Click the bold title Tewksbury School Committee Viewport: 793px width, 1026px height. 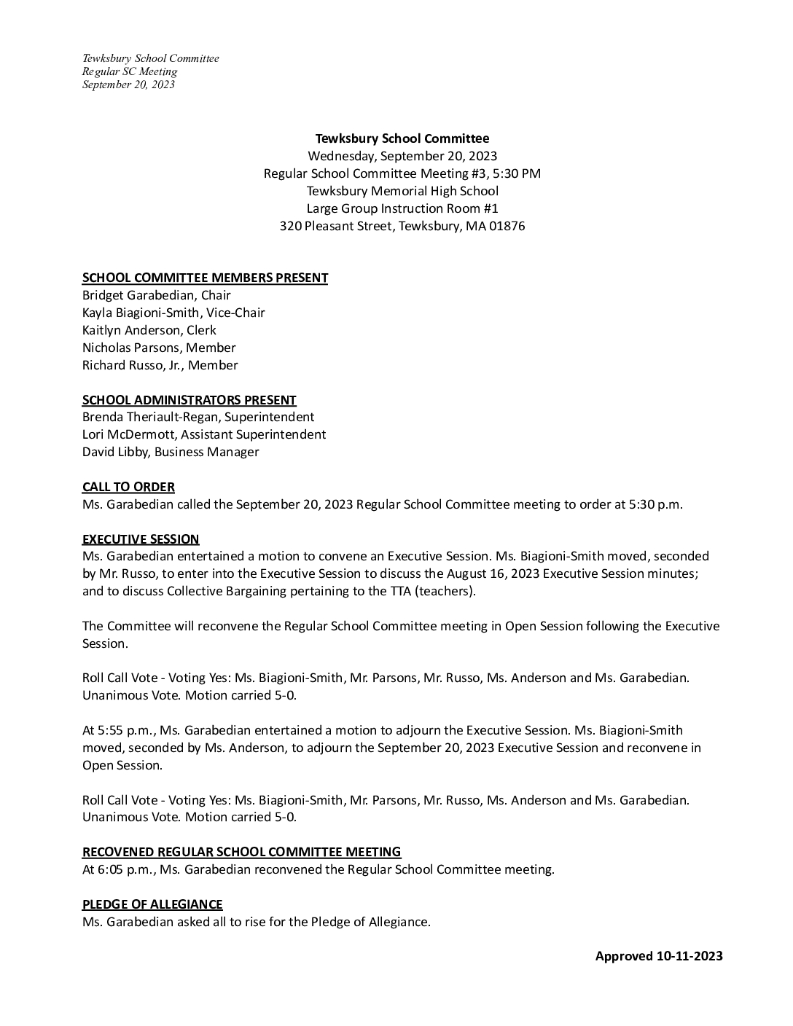coord(402,138)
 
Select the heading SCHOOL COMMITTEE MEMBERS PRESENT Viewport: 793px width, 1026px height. coord(205,278)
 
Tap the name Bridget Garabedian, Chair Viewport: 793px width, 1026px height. coord(156,295)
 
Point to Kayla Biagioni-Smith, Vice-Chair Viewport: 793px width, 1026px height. coord(173,313)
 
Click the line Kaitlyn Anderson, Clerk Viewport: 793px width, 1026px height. coord(149,330)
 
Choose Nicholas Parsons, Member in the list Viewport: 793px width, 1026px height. coord(159,348)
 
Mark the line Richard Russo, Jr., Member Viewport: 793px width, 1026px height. coord(160,365)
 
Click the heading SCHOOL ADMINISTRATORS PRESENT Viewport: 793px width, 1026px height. coord(189,400)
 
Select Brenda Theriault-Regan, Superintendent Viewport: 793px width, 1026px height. coord(198,417)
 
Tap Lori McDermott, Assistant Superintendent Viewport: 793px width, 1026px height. coord(204,434)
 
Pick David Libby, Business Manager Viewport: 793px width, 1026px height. coord(171,452)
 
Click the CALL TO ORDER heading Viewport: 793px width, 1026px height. coord(128,487)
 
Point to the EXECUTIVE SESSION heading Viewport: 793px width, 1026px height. coord(141,539)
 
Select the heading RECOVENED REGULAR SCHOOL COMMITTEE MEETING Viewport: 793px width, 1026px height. coord(241,852)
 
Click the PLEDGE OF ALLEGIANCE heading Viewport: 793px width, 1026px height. coord(152,904)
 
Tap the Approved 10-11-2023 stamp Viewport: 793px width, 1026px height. coord(659,956)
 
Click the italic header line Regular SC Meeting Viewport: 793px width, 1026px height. coord(130,71)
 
